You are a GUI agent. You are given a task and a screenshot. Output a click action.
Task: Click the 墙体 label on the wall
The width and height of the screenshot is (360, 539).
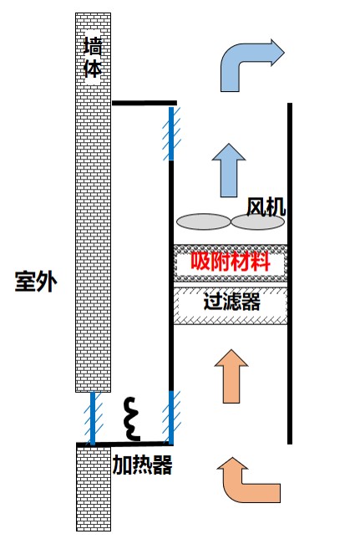pyautogui.click(x=93, y=58)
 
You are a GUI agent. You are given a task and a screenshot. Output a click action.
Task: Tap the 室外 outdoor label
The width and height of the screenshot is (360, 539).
pyautogui.click(x=36, y=282)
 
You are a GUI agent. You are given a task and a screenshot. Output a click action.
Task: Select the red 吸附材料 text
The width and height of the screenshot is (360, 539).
pyautogui.click(x=231, y=262)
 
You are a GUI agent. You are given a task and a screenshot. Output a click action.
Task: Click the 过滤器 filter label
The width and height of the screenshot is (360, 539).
pyautogui.click(x=231, y=302)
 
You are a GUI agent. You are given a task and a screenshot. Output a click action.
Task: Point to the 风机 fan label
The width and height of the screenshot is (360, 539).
pyautogui.click(x=266, y=207)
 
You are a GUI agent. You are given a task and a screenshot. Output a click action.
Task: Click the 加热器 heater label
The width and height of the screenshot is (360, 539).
pyautogui.click(x=142, y=465)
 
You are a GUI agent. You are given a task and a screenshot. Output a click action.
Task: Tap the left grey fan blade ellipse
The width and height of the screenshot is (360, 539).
pyautogui.click(x=203, y=221)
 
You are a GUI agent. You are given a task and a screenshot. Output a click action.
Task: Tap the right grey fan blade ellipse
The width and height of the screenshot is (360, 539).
pyautogui.click(x=257, y=222)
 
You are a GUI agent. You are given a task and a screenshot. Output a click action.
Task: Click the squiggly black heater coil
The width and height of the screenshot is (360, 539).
pyautogui.click(x=132, y=419)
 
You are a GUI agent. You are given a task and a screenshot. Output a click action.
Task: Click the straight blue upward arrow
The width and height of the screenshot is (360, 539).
pyautogui.click(x=229, y=170)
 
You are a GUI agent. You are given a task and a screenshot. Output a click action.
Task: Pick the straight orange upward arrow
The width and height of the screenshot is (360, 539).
pyautogui.click(x=231, y=376)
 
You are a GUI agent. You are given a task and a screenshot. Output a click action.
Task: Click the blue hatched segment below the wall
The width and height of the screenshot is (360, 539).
pyautogui.click(x=93, y=419)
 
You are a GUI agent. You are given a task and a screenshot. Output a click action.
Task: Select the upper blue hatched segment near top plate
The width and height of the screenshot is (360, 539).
pyautogui.click(x=171, y=134)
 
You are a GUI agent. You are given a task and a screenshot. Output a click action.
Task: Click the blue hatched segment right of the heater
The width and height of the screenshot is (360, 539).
pyautogui.click(x=171, y=418)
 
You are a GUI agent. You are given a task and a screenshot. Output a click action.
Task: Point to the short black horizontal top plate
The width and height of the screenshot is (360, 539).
pyautogui.click(x=145, y=103)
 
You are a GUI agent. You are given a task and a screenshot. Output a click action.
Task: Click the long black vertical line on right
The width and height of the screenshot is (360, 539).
pyautogui.click(x=290, y=273)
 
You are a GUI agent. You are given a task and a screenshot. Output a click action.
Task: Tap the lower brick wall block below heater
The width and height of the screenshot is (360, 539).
pyautogui.click(x=94, y=489)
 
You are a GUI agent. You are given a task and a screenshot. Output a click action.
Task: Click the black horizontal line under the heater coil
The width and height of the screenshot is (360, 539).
pyautogui.click(x=124, y=444)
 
